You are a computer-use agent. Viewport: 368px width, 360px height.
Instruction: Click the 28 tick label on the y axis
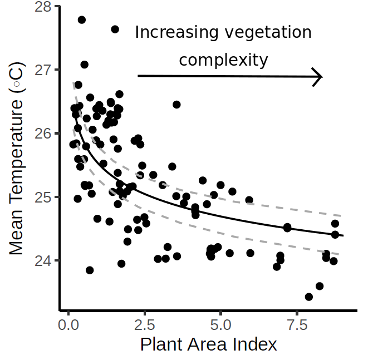click(42, 7)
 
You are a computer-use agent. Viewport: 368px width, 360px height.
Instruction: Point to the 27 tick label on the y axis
click(42, 70)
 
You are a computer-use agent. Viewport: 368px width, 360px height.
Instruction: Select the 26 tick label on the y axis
click(42, 134)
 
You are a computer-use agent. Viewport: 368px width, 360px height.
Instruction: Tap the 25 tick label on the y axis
click(42, 197)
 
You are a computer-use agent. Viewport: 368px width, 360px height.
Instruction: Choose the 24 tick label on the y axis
click(42, 260)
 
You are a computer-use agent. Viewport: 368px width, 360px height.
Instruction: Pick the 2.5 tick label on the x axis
click(145, 324)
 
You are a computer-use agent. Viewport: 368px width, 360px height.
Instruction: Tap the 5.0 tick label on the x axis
click(221, 324)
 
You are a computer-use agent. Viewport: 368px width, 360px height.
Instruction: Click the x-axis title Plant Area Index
click(208, 345)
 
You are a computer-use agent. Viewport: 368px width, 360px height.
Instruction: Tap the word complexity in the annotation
click(223, 60)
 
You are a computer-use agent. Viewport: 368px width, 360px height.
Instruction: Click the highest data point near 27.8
click(82, 19)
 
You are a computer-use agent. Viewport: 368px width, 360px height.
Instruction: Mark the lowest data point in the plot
click(309, 297)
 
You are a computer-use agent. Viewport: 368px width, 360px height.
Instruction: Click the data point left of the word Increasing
click(115, 29)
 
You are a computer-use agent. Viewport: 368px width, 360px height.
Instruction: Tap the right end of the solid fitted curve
click(343, 236)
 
